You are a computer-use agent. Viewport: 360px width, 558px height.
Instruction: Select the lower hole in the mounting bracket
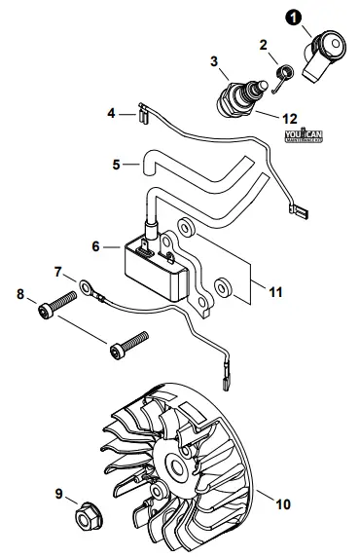tap(223, 289)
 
